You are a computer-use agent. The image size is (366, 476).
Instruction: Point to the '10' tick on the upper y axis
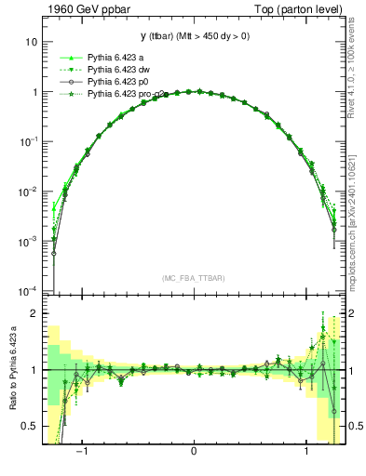click(x=31, y=43)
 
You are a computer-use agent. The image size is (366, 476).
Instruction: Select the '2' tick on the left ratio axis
click(x=34, y=314)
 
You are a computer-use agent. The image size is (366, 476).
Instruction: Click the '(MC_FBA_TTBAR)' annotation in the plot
click(x=193, y=278)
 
